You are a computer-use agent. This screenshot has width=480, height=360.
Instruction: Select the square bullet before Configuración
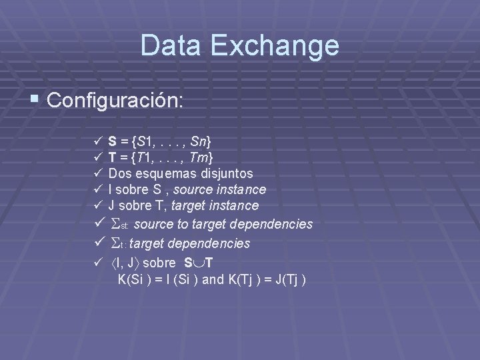37,101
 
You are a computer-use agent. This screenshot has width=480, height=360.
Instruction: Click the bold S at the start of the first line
113,141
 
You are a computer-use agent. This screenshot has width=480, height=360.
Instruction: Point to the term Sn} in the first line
201,141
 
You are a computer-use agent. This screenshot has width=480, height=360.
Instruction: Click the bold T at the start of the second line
113,157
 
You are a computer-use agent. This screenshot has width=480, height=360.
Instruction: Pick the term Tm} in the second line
203,157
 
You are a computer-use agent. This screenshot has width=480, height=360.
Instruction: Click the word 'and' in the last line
213,279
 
